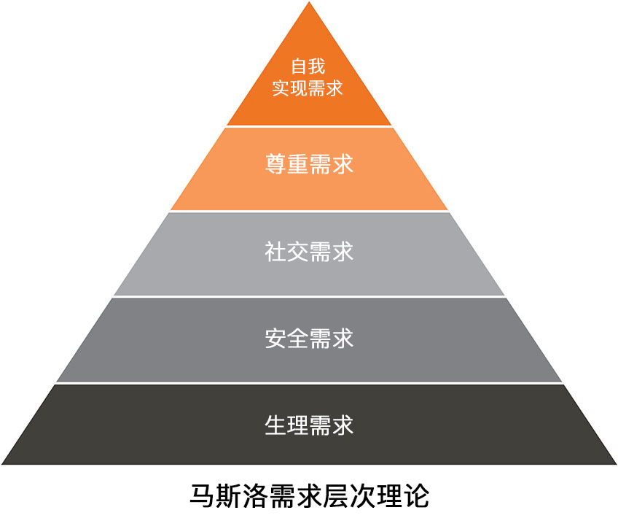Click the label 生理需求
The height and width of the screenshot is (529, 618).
pos(309,425)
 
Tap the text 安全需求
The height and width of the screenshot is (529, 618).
pos(309,339)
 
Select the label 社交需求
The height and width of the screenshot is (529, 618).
pos(309,252)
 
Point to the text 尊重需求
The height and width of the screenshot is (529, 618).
pos(309,164)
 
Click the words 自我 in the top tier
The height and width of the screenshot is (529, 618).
pos(308,66)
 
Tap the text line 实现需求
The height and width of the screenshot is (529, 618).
pos(308,88)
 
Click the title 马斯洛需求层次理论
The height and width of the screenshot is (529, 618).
pos(310,496)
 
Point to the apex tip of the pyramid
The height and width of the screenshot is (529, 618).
pos(309,2)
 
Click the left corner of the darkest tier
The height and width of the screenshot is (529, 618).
pos(2,464)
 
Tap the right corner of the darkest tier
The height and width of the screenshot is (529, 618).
pos(616,464)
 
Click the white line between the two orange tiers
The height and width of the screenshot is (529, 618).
pos(309,127)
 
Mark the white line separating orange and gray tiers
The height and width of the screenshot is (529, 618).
pos(309,212)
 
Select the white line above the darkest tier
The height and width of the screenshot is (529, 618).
pos(309,383)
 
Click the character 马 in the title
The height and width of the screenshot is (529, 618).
pos(203,496)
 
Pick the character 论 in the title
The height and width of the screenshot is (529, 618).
pos(417,496)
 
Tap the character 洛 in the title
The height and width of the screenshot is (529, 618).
pos(256,496)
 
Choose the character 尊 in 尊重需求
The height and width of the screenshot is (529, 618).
pos(275,164)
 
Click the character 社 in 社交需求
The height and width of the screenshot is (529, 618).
pos(275,252)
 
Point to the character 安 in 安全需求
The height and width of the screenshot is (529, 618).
pos(275,339)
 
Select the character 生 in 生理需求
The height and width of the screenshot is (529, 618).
pos(275,425)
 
